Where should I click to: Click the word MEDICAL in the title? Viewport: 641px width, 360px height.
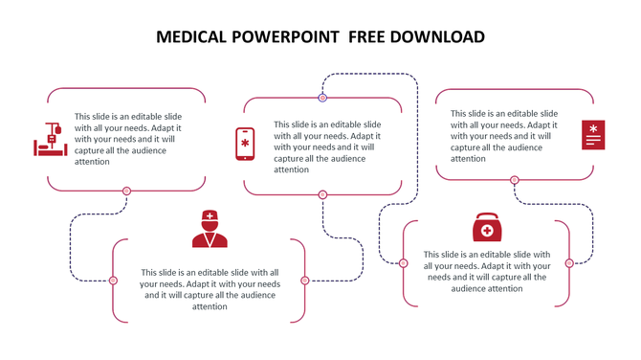pyautogui.click(x=189, y=37)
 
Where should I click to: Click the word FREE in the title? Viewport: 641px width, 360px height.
pyautogui.click(x=367, y=37)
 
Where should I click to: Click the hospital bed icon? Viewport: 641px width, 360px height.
pyautogui.click(x=51, y=140)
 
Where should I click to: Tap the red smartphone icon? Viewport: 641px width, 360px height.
pyautogui.click(x=245, y=144)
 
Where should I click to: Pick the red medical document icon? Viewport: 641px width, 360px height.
pyautogui.click(x=593, y=135)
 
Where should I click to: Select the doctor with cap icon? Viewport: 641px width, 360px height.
pyautogui.click(x=210, y=229)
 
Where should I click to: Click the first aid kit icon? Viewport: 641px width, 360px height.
pyautogui.click(x=487, y=228)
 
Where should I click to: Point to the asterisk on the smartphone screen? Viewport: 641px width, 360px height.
pyautogui.click(x=245, y=143)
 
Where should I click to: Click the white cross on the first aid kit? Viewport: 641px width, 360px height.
pyautogui.click(x=487, y=231)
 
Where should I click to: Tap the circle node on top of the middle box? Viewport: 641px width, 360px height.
pyautogui.click(x=322, y=98)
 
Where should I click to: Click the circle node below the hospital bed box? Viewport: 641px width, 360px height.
pyautogui.click(x=126, y=191)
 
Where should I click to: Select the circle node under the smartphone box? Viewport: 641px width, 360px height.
pyautogui.click(x=322, y=194)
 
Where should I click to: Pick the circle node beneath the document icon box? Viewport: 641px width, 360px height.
pyautogui.click(x=515, y=180)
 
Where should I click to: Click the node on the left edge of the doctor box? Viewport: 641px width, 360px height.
pyautogui.click(x=113, y=281)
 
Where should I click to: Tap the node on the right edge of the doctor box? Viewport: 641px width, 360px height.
pyautogui.click(x=305, y=281)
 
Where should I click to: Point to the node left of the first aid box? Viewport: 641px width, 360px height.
pyautogui.click(x=404, y=263)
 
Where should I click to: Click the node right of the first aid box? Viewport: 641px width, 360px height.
pyautogui.click(x=569, y=263)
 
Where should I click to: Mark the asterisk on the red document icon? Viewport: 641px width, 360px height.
pyautogui.click(x=593, y=128)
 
